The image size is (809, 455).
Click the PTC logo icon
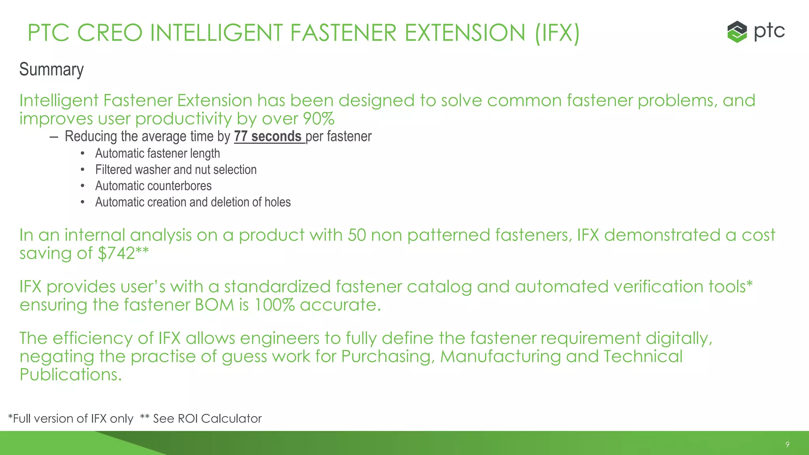pyautogui.click(x=737, y=32)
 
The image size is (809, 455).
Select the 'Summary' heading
pyautogui.click(x=51, y=70)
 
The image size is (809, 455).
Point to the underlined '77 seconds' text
pyautogui.click(x=269, y=136)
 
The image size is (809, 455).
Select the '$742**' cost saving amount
pyautogui.click(x=123, y=253)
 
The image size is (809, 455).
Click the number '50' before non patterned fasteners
pyautogui.click(x=357, y=235)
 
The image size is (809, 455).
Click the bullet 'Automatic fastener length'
pyautogui.click(x=157, y=153)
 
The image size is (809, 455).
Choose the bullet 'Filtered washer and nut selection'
pyautogui.click(x=176, y=169)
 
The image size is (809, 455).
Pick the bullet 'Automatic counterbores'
pyautogui.click(x=153, y=186)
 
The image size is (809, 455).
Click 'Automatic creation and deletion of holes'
pyautogui.click(x=193, y=202)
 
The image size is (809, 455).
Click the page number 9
pyautogui.click(x=787, y=444)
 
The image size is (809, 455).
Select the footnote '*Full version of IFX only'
pyautogui.click(x=71, y=419)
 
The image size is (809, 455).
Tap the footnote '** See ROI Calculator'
pyautogui.click(x=201, y=419)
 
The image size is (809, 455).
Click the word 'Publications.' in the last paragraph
pyautogui.click(x=71, y=374)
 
